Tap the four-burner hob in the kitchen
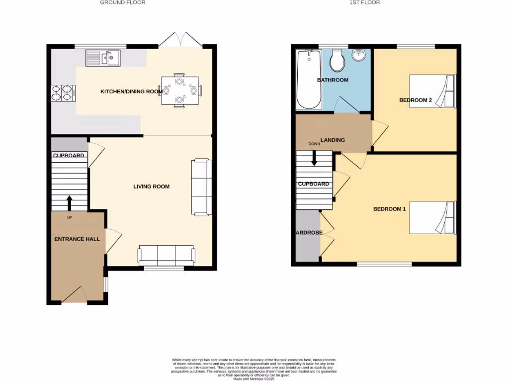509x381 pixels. point(62,93)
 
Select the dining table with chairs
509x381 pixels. point(179,91)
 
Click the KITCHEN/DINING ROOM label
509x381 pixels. point(132,91)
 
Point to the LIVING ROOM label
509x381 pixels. point(151,187)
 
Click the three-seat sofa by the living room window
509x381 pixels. point(167,255)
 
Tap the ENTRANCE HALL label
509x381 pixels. point(77,239)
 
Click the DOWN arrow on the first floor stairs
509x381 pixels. point(314,159)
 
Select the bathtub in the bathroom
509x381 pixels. point(308,79)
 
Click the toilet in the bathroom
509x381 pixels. point(339,61)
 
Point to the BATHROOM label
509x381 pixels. point(333,80)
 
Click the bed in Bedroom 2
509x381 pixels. point(432,91)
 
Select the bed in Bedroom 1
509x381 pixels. point(432,217)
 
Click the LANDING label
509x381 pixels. point(333,140)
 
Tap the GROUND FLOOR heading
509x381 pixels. point(123,2)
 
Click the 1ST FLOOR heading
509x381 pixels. point(365,2)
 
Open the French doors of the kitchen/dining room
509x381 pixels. point(181,40)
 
